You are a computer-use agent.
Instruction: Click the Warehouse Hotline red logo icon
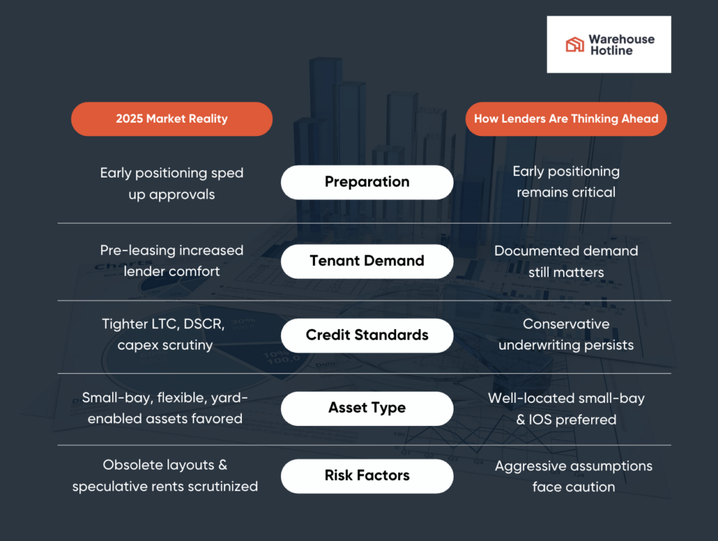575,44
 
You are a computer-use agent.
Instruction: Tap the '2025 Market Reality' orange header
172,119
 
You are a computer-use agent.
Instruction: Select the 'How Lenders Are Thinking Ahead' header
566,119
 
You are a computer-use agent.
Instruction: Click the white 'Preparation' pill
367,182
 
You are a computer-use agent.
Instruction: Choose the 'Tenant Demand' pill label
367,261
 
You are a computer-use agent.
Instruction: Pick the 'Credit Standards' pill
367,335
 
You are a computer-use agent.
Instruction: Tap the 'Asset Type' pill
367,408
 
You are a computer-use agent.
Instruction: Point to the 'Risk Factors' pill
367,476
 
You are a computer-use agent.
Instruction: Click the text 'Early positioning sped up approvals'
172,184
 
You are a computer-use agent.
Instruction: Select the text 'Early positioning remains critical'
566,182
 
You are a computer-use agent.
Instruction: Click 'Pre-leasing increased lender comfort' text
172,260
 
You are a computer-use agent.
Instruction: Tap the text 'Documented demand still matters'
566,262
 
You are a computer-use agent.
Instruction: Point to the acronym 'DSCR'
204,324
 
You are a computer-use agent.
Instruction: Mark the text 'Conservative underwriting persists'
566,335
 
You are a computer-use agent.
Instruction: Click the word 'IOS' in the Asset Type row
540,419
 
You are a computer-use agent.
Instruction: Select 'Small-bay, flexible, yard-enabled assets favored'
165,408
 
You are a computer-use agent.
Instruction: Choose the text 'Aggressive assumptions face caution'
574,476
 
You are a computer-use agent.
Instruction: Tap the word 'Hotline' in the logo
611,51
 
